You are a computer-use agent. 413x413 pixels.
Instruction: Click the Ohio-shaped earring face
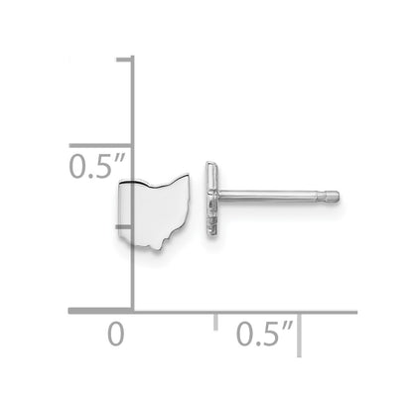tap(155, 211)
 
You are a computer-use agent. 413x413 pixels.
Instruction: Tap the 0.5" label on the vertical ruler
tap(97, 168)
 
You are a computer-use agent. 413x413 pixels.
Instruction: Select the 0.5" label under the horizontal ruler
tap(264, 335)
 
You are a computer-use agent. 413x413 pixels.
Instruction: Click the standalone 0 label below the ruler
tap(116, 335)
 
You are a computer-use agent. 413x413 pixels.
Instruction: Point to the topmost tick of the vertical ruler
tap(125, 60)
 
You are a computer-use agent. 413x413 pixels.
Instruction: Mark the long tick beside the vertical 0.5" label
tap(101, 146)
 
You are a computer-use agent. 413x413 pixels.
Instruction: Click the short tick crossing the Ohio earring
tap(124, 226)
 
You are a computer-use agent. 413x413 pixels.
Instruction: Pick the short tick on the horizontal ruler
tap(215, 322)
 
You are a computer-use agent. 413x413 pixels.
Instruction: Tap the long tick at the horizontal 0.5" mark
tap(299, 335)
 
